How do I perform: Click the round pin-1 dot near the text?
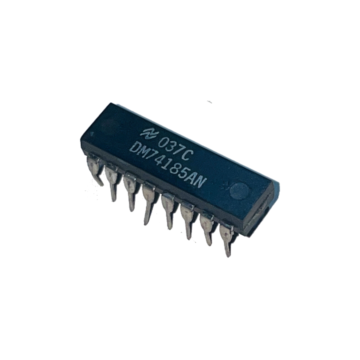(241, 190)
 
